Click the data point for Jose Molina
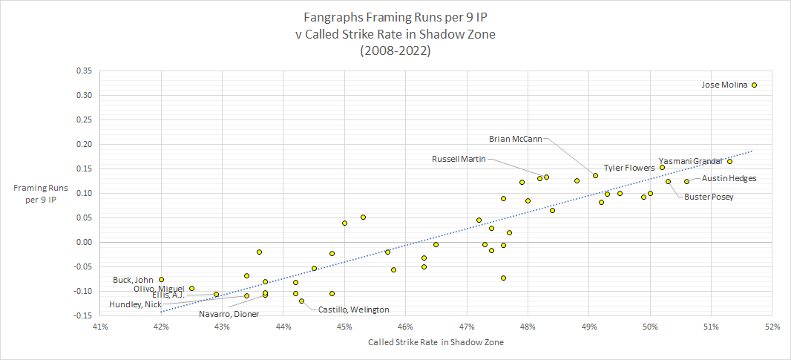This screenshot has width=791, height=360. pos(754,85)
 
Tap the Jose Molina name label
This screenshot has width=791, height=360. pos(724,85)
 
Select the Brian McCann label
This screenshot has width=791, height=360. pos(516,138)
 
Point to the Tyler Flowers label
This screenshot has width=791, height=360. pos(628,168)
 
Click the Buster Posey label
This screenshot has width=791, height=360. pos(709,197)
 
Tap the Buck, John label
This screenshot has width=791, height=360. pos(132,280)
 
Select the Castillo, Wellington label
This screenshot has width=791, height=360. pos(354,310)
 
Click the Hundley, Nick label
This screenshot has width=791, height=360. pos(135,304)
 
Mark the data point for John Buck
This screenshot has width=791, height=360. pos(161,279)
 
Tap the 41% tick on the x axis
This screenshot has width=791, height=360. pos(100,325)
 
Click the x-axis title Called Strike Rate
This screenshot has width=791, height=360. pos(435,342)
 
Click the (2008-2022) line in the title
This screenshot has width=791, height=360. pos(395,51)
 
